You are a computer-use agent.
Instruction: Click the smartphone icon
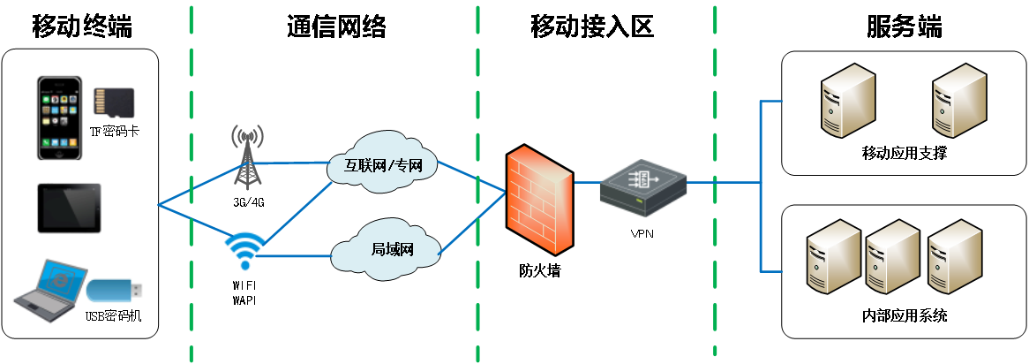[x=59, y=118]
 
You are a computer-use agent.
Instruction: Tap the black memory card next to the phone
[x=114, y=102]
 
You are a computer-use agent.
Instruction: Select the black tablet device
[x=69, y=209]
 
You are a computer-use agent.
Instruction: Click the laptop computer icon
[x=51, y=290]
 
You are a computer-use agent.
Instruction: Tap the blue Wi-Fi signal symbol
[x=244, y=250]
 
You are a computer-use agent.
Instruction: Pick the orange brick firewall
[x=539, y=201]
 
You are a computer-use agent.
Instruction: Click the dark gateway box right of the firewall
[x=643, y=188]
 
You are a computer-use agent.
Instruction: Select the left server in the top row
[x=847, y=101]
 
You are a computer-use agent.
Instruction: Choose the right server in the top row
[x=958, y=101]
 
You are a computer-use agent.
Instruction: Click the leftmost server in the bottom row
[x=833, y=257]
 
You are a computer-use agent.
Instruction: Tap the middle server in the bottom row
[x=892, y=257]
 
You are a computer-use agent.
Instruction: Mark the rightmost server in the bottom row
[x=954, y=257]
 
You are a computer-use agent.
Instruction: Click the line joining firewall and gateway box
[x=586, y=182]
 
